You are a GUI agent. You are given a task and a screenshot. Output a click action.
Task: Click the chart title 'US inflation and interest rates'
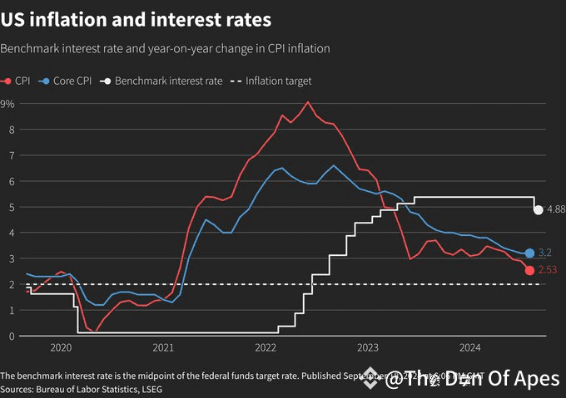[x=136, y=17]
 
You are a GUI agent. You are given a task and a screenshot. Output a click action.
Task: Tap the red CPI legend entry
[x=17, y=81]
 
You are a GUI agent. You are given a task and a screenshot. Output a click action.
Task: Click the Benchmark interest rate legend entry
[x=162, y=81]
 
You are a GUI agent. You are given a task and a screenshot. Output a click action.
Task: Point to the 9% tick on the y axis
[x=7, y=104]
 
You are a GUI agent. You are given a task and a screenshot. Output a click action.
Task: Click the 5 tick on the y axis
[x=12, y=207]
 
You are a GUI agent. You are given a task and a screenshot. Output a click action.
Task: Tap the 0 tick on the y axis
[x=12, y=337]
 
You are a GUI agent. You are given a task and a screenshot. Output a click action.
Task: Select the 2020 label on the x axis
[x=62, y=347]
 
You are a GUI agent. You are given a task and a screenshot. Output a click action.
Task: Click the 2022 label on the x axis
[x=266, y=347]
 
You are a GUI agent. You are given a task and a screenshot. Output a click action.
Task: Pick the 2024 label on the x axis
[x=470, y=347]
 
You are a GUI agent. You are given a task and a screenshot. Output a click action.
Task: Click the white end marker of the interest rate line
[x=539, y=209]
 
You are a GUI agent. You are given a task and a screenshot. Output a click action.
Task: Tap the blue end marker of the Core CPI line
[x=529, y=253]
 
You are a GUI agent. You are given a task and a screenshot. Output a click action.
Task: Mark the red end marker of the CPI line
[x=529, y=270]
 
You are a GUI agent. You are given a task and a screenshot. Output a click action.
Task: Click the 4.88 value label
[x=555, y=209]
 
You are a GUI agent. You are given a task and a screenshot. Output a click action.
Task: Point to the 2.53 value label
[x=547, y=270]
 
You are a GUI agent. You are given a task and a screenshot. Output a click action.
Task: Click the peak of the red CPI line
[x=308, y=102]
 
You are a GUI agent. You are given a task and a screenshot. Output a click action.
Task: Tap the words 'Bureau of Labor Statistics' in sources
[x=82, y=389]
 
